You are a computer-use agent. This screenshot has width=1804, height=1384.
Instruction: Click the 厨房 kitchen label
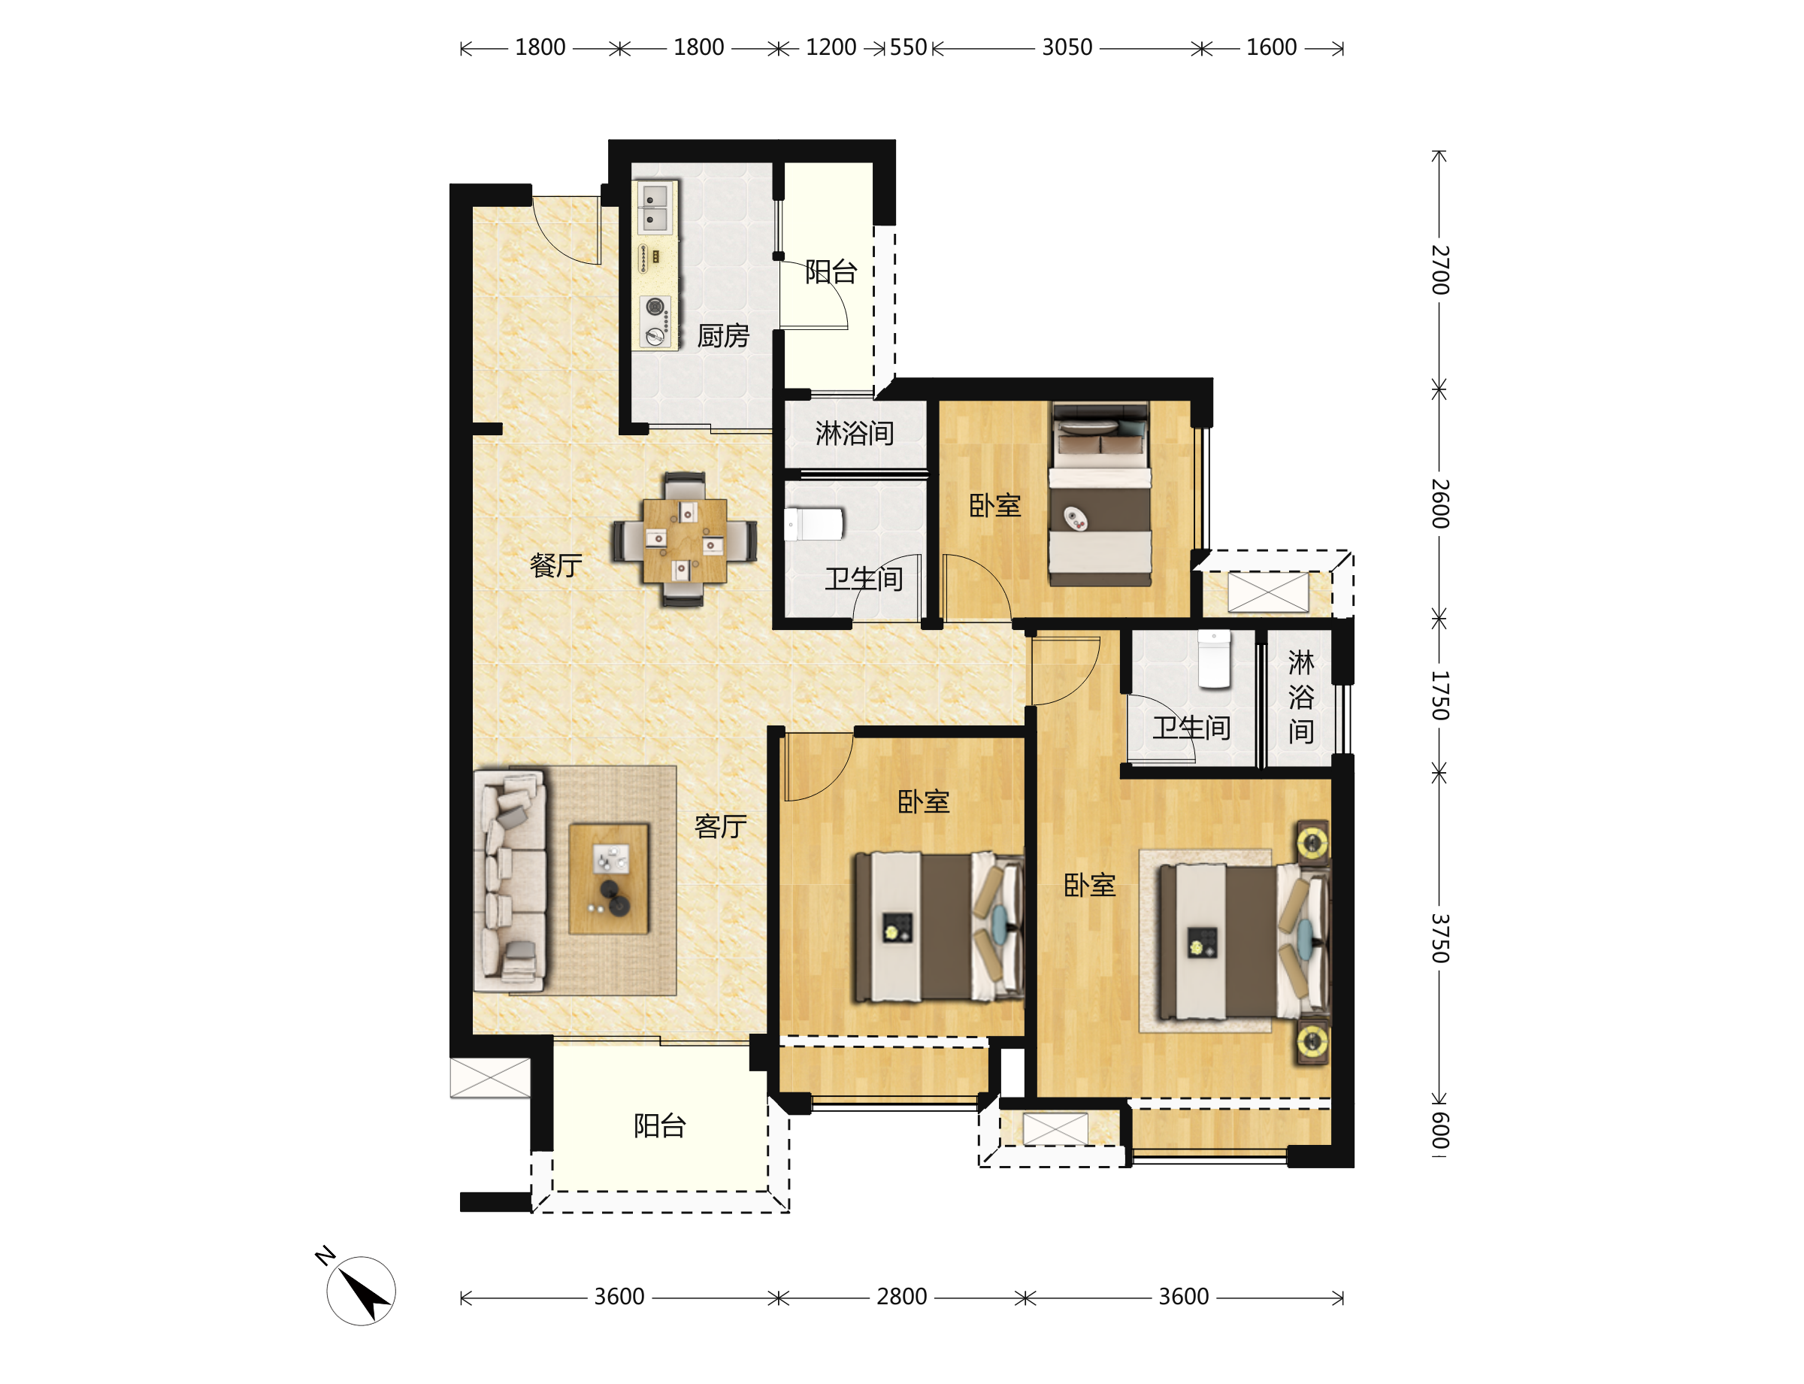coord(722,335)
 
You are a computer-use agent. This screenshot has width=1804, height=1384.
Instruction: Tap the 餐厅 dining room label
coord(556,565)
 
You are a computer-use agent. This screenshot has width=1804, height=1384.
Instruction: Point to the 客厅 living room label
coord(721,825)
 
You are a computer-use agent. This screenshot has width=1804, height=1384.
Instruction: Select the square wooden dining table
coord(685,540)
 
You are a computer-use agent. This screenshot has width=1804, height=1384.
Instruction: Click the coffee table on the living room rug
coord(609,878)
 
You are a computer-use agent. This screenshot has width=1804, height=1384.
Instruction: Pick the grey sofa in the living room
coord(510,880)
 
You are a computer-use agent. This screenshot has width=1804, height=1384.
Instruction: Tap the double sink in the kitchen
coord(655,207)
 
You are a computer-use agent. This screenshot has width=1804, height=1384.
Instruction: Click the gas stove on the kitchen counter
coord(655,321)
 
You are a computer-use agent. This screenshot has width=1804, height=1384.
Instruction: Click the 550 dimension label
coord(908,48)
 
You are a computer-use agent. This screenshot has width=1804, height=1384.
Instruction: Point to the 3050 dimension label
coord(1067,48)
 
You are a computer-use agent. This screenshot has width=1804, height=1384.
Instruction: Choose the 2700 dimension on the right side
coord(1439,269)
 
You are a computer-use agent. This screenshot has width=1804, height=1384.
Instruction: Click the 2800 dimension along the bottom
coord(901,1297)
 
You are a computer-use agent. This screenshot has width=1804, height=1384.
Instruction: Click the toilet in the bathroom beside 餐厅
coord(814,524)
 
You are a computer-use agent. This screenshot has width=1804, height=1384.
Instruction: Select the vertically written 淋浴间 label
coord(1300,696)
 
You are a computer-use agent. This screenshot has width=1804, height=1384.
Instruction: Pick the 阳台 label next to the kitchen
coord(831,271)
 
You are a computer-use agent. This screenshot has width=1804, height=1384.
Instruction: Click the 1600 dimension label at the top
coord(1271,48)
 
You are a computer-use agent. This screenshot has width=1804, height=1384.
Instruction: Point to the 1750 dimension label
coord(1439,695)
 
